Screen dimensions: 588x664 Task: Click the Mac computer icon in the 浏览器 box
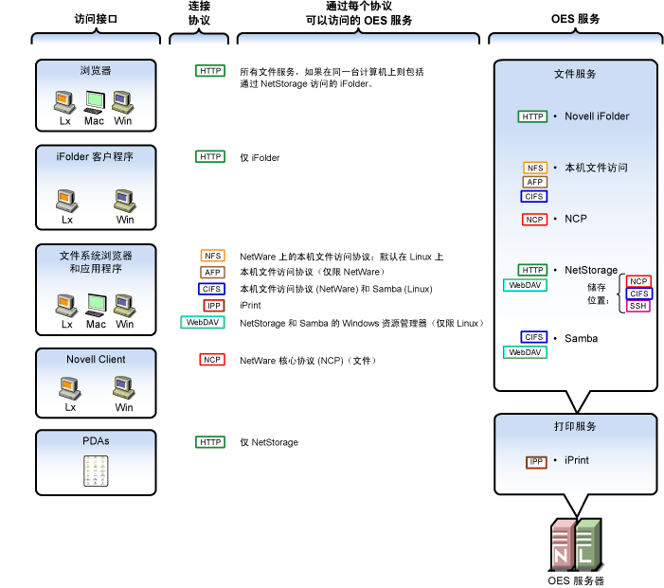[95, 101]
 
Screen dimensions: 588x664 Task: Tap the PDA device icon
[96, 471]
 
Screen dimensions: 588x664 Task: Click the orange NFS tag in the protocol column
[212, 256]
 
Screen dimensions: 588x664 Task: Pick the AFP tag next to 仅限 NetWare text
[212, 273]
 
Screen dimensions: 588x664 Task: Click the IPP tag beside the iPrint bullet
[536, 462]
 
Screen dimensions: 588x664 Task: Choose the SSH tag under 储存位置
[638, 306]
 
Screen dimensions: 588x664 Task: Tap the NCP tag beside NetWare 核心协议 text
[212, 360]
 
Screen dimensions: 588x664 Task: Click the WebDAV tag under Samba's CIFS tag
[524, 352]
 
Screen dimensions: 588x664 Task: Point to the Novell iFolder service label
[597, 116]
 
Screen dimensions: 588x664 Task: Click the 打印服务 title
[575, 427]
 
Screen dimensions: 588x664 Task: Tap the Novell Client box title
[96, 360]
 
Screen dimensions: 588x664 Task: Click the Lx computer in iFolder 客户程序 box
[67, 201]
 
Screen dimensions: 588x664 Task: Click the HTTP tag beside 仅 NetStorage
[209, 442]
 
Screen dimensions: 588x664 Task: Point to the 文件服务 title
[575, 74]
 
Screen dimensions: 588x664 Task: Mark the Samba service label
[581, 338]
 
